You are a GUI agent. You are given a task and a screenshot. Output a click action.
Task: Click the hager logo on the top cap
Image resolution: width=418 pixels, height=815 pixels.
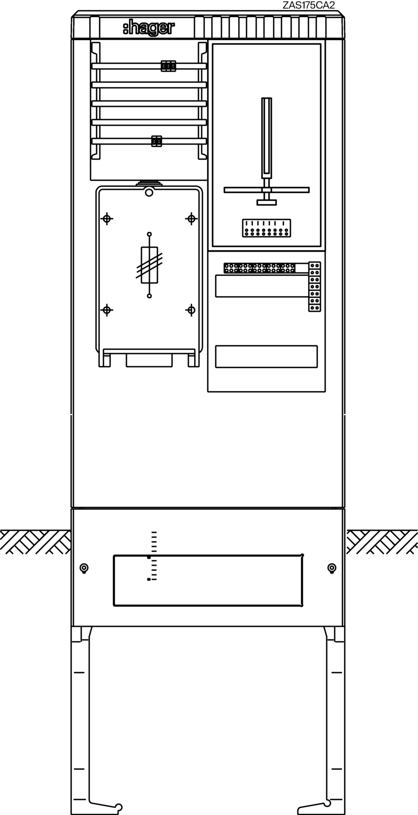[x=149, y=29]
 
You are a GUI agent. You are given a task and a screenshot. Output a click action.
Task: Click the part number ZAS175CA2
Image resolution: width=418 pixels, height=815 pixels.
[x=309, y=5]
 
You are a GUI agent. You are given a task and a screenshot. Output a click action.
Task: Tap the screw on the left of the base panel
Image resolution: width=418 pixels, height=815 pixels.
[x=84, y=568]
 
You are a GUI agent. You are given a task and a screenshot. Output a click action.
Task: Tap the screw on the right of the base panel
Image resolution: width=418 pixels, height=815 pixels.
[x=332, y=568]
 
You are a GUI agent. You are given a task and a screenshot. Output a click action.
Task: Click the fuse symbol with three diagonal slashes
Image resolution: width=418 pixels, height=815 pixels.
[x=149, y=265]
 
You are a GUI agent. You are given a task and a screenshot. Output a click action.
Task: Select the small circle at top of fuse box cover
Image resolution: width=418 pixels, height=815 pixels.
[x=149, y=193]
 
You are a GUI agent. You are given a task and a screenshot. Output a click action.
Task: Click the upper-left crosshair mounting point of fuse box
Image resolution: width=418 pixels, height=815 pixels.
[x=107, y=218]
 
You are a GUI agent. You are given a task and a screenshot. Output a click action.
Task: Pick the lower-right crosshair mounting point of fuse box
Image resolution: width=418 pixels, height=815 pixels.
[x=191, y=310]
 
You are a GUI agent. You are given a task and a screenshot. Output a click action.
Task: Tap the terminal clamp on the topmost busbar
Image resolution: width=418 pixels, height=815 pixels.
[x=168, y=66]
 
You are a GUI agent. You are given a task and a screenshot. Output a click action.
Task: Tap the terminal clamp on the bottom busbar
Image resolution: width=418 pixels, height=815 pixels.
[x=156, y=141]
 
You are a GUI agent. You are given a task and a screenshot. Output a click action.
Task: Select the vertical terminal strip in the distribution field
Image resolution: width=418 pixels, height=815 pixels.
[x=315, y=286]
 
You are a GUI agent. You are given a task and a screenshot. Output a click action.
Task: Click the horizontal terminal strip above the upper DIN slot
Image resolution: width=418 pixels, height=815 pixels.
[x=266, y=268]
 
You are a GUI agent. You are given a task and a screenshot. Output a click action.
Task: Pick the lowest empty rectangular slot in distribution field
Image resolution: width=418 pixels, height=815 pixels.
[x=266, y=357]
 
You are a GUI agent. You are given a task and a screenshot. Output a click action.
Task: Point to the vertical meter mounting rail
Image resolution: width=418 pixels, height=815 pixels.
[x=267, y=138]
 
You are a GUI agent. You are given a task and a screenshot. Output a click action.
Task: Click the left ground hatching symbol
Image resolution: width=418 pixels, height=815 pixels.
[x=35, y=541]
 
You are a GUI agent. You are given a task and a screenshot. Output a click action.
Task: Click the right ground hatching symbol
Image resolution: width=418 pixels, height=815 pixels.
[x=382, y=541]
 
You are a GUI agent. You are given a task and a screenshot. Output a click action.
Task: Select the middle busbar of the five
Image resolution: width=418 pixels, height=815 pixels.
[x=149, y=103]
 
